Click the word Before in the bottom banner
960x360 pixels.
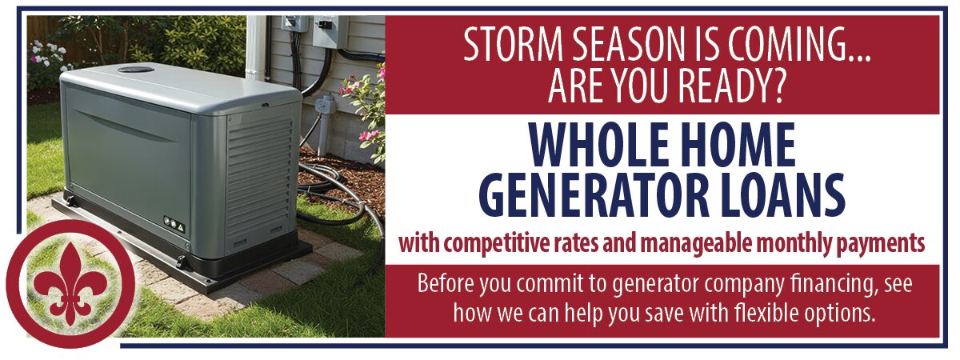click(442, 285)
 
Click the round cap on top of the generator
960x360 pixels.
click(136, 70)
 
